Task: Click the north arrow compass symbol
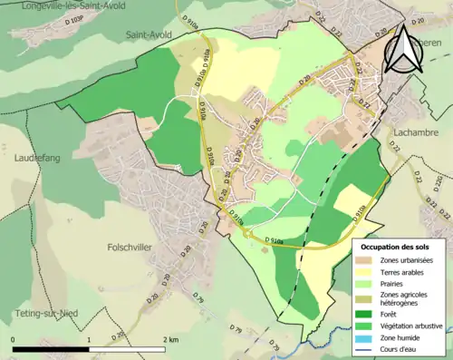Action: click(x=403, y=50)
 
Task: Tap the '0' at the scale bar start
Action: click(x=14, y=339)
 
